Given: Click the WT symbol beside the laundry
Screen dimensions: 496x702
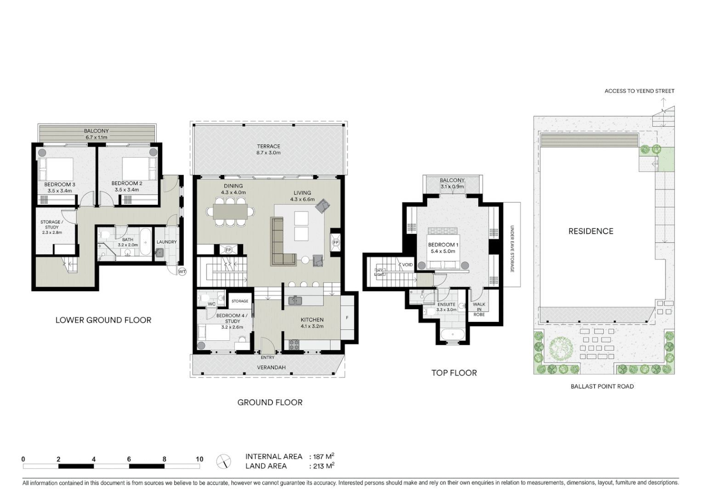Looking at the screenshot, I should click(182, 272).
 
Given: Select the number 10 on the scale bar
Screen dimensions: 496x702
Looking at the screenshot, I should click(199, 459).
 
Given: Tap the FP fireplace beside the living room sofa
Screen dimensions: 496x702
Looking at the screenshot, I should click(335, 242).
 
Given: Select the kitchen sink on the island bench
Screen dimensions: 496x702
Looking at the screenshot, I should click(295, 301).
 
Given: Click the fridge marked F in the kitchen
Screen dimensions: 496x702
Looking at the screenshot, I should click(347, 317).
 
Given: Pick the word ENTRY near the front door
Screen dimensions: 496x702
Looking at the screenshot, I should click(267, 357).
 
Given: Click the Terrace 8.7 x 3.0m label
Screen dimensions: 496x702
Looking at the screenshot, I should click(269, 149).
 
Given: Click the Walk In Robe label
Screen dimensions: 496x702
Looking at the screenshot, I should click(479, 309).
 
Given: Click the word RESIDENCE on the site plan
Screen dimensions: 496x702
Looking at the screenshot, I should click(591, 231).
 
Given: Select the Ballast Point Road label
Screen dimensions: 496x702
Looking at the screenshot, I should click(602, 386).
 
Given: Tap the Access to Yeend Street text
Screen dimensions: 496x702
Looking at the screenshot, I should click(639, 91).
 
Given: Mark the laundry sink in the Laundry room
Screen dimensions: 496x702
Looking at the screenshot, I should click(159, 252).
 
